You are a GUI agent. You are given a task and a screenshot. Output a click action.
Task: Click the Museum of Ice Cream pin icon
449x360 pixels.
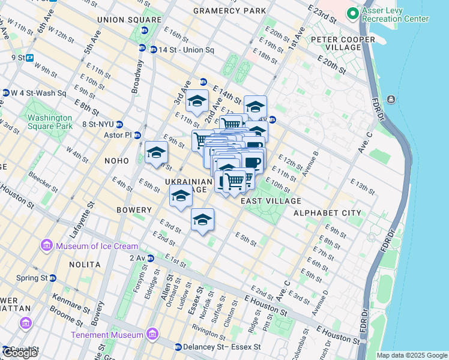click(47, 246)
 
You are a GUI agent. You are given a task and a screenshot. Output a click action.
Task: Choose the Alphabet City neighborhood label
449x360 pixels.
click(327, 213)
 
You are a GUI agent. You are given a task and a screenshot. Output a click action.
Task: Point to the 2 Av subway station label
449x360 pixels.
click(138, 258)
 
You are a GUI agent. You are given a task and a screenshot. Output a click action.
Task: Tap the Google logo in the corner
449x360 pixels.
click(20, 353)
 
